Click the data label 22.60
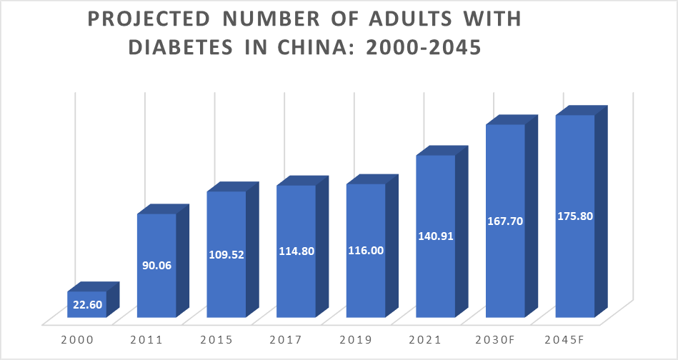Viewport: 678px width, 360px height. pyautogui.click(x=87, y=304)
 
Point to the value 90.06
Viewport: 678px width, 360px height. pyautogui.click(x=156, y=266)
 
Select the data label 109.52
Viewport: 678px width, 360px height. pyautogui.click(x=226, y=254)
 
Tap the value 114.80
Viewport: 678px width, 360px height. pyautogui.click(x=296, y=251)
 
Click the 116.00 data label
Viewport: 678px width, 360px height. pyautogui.click(x=366, y=251)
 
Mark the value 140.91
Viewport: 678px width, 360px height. pyautogui.click(x=436, y=236)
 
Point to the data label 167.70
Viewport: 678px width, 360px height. pyautogui.click(x=505, y=221)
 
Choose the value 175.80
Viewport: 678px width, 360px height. pyautogui.click(x=575, y=216)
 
